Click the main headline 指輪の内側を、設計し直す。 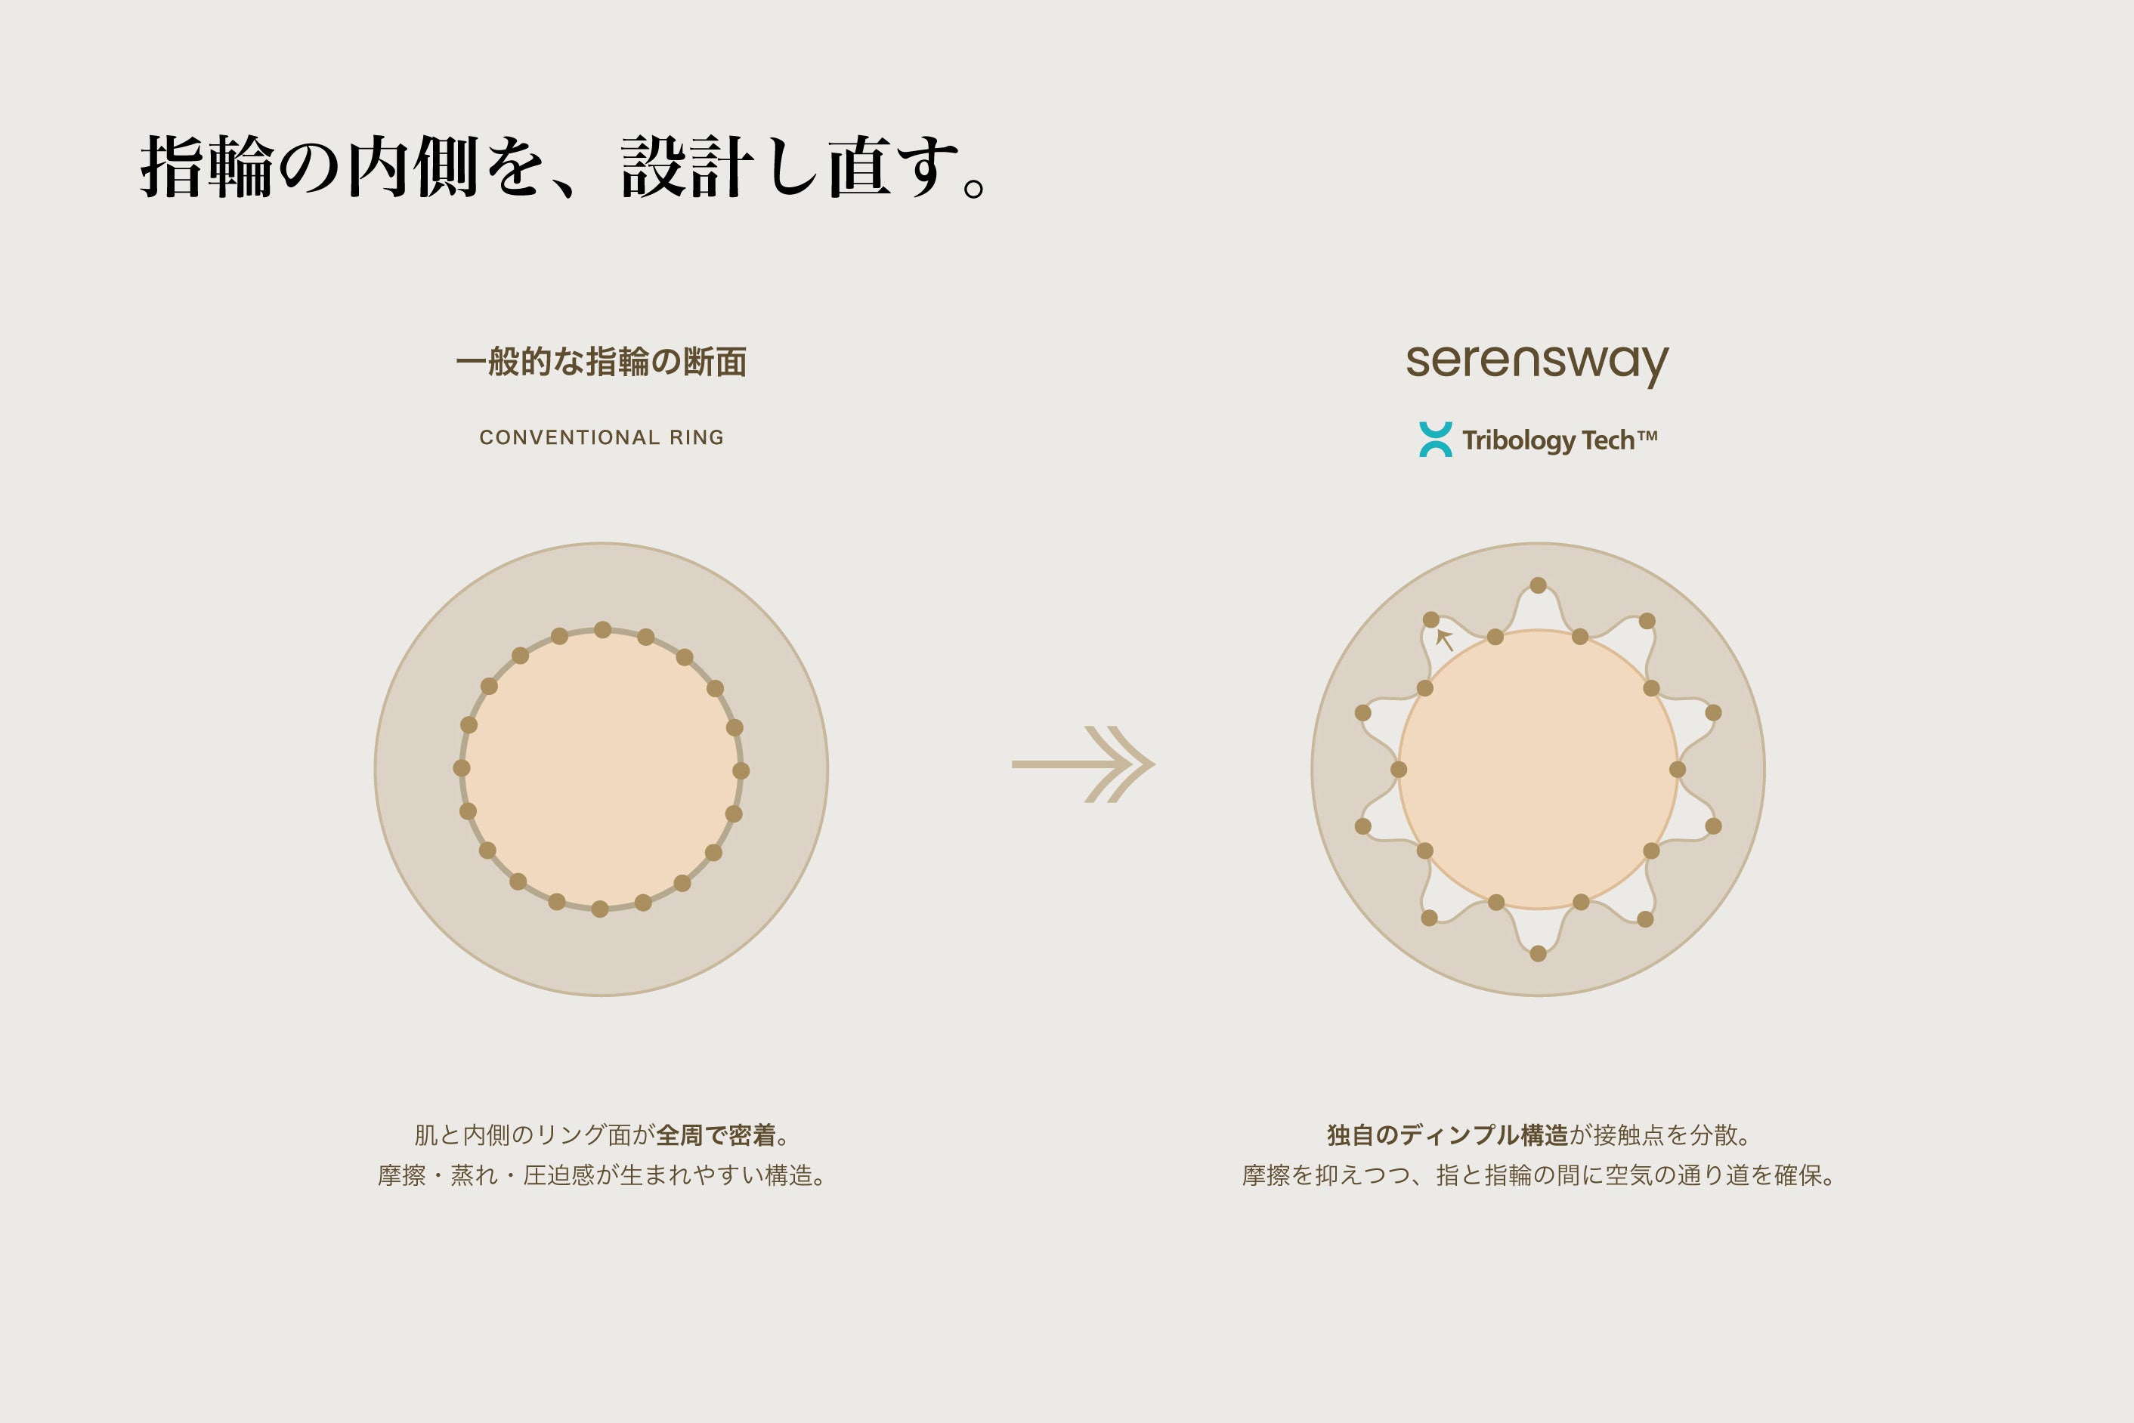(563, 167)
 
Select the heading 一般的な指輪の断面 (601, 361)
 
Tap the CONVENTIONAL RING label (601, 437)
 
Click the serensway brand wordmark (1537, 363)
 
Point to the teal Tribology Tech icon (1435, 440)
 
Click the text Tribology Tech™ (1560, 440)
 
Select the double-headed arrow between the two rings (1083, 764)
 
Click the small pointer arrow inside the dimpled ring (1444, 639)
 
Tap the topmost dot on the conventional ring (602, 630)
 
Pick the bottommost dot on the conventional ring (600, 909)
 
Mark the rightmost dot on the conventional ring (741, 770)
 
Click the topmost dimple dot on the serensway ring (1538, 585)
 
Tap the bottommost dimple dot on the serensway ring (1538, 953)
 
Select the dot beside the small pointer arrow (1430, 620)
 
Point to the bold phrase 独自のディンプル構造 (1447, 1134)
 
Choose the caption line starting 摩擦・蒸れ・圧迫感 (601, 1175)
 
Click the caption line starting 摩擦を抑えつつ (1538, 1175)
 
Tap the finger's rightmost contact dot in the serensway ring (1678, 770)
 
